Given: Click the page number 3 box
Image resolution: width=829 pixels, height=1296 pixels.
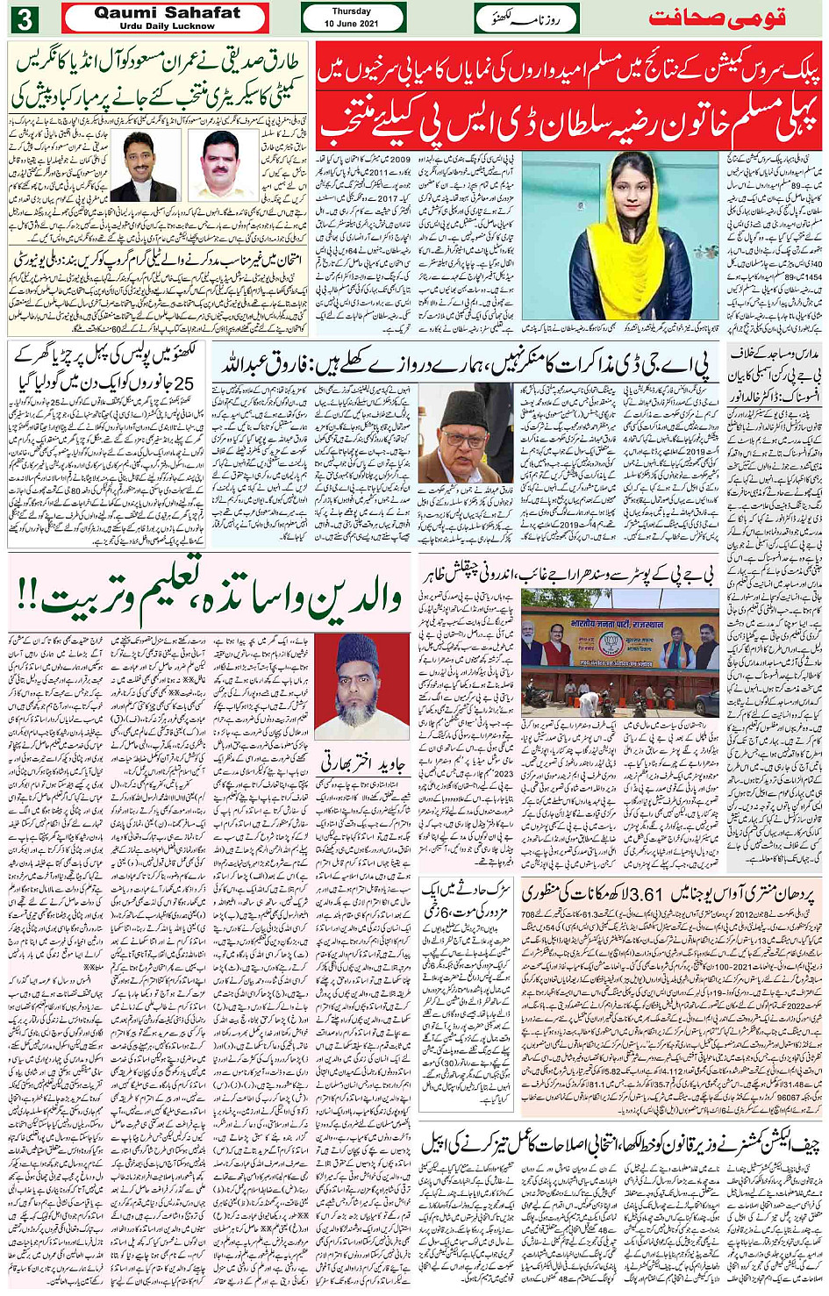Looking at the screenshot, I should [24, 18].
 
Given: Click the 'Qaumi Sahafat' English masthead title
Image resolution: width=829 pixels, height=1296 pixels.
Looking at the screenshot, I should [167, 13].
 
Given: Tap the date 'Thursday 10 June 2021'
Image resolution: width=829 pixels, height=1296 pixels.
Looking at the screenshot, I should [353, 18].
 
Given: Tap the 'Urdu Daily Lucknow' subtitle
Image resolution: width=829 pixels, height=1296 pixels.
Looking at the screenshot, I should [167, 26].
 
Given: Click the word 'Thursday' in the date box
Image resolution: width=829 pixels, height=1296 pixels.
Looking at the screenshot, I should [352, 11].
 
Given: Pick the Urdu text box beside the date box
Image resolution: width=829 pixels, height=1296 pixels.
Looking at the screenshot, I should [525, 18].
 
